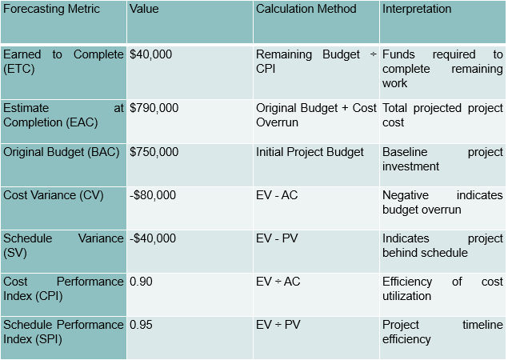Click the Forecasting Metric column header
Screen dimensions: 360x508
pyautogui.click(x=52, y=10)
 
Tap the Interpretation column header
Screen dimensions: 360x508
pyautogui.click(x=417, y=10)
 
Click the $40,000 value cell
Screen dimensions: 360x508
pyautogui.click(x=151, y=54)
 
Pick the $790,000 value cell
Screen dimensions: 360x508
pyautogui.click(x=154, y=107)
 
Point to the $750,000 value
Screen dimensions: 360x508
pyautogui.click(x=154, y=151)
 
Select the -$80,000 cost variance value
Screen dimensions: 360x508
pyautogui.click(x=153, y=194)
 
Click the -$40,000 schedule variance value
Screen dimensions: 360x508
pyautogui.click(x=153, y=238)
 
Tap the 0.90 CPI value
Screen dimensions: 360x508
pyautogui.click(x=141, y=282)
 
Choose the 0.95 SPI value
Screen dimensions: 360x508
pyautogui.click(x=141, y=325)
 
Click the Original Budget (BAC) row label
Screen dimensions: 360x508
pyautogui.click(x=57, y=151)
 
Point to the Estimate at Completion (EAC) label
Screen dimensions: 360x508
pyautogui.click(x=63, y=114)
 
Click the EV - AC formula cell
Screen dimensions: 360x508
pyautogui.click(x=278, y=194)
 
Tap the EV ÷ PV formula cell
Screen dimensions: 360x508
pyautogui.click(x=278, y=325)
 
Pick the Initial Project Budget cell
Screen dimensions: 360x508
pyautogui.click(x=310, y=151)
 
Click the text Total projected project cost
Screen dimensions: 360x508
pyautogui.click(x=442, y=114)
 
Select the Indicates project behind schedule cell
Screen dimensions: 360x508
pyautogui.click(x=442, y=246)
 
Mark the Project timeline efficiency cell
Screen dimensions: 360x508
pyautogui.click(x=442, y=332)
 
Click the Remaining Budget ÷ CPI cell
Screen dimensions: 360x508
pyautogui.click(x=316, y=62)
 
